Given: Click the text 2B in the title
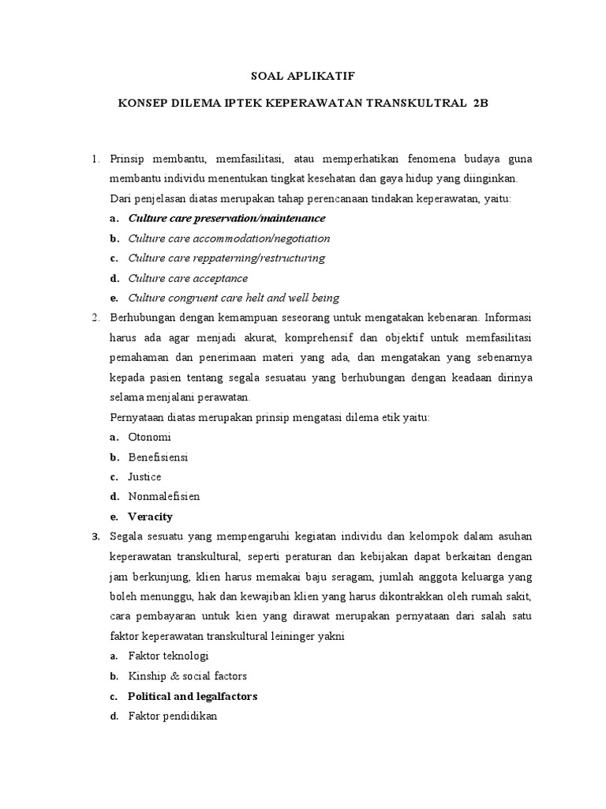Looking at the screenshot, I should (x=481, y=103).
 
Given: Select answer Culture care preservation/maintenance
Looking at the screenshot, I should (x=226, y=218).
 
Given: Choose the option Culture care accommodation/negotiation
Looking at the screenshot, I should (x=229, y=238).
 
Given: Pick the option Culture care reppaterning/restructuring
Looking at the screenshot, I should (x=226, y=258).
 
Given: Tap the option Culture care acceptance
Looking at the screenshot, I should (x=188, y=278).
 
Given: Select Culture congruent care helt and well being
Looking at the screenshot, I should (x=234, y=298).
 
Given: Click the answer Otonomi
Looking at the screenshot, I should (x=149, y=437).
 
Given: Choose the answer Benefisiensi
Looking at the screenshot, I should (x=158, y=457).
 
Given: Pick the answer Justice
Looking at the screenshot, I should (x=144, y=476).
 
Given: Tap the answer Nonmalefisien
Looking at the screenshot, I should (x=164, y=497).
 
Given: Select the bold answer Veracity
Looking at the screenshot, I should (x=150, y=517).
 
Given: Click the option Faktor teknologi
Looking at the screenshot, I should (x=168, y=656).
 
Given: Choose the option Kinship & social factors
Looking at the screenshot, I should (x=187, y=676).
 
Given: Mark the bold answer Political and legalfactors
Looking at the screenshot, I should (x=193, y=696).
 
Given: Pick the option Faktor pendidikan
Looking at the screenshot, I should (x=172, y=716).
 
